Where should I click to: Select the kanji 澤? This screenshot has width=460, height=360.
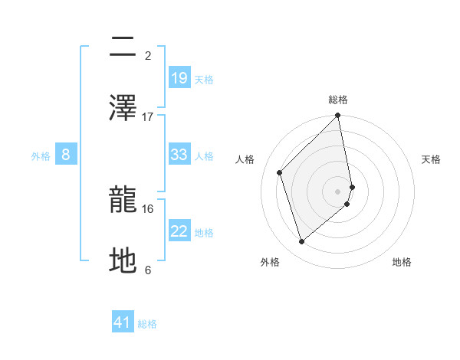[x=123, y=108]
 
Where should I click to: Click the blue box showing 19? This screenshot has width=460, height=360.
[x=179, y=77]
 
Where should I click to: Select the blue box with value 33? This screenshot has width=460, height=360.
[x=179, y=155]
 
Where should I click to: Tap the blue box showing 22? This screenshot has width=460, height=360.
[x=179, y=232]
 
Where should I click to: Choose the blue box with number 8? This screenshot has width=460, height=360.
[x=66, y=155]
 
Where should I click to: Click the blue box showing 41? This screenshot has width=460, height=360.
[x=123, y=322]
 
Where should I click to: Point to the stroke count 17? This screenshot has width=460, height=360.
[x=148, y=116]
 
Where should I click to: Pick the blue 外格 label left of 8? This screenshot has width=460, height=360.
[x=41, y=156]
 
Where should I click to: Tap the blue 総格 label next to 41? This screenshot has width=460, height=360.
[x=147, y=324]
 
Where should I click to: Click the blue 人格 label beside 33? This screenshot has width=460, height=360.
[x=204, y=156]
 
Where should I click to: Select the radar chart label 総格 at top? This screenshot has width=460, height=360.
[x=338, y=100]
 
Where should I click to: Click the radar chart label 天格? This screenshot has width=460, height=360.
[x=431, y=159]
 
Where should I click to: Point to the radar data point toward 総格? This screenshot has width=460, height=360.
[x=338, y=116]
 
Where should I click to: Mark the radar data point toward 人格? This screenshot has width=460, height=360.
[x=280, y=172]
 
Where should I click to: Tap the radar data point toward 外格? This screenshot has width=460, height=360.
[x=302, y=242]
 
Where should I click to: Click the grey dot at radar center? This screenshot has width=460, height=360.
[x=338, y=191]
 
